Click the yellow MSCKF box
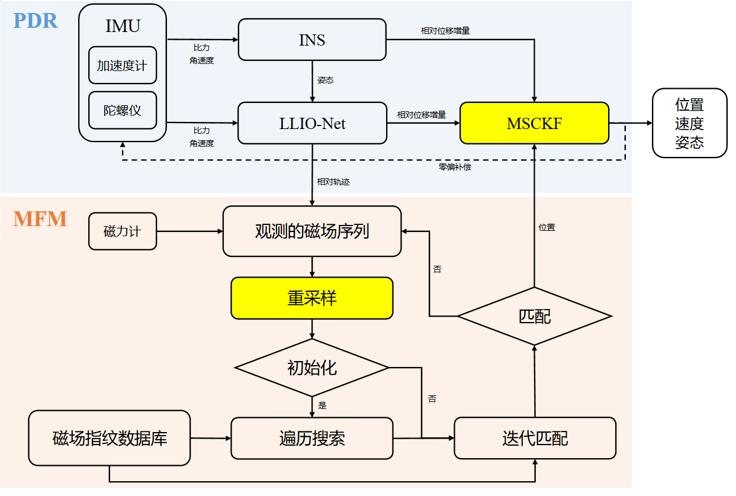[x=534, y=123]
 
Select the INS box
[x=312, y=40]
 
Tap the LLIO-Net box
[x=312, y=123]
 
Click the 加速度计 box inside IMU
[x=123, y=65]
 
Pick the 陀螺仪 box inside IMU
[x=123, y=110]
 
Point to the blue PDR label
[x=36, y=21]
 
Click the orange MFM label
[x=40, y=219]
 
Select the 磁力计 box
[x=123, y=231]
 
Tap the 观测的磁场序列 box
[x=312, y=231]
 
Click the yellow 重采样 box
[x=312, y=298]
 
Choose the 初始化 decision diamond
[x=312, y=368]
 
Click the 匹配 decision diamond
[x=534, y=316]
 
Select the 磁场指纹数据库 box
[x=110, y=438]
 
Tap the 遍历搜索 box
[x=312, y=438]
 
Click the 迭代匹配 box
[x=535, y=438]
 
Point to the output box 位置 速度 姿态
[x=689, y=123]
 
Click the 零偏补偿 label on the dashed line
[x=455, y=167]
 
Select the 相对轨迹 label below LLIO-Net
[x=333, y=182]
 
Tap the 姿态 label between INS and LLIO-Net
[x=325, y=80]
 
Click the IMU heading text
[x=123, y=27]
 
